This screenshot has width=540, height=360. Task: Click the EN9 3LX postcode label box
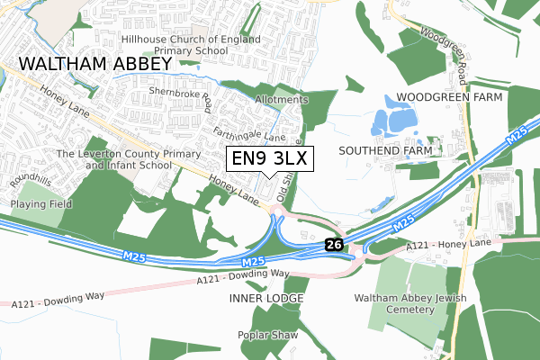pos(269,159)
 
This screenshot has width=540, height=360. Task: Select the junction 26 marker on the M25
pos(334,244)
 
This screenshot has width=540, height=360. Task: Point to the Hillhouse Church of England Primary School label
pos(192,46)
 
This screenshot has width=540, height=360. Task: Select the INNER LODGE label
pos(265,297)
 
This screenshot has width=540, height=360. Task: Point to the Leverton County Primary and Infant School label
pos(114,159)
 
